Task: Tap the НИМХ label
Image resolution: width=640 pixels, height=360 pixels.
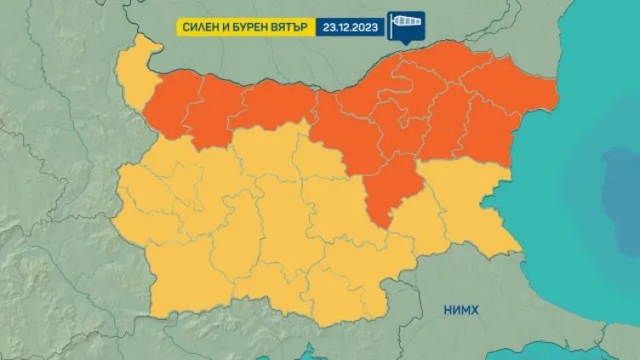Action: click(459, 311)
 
